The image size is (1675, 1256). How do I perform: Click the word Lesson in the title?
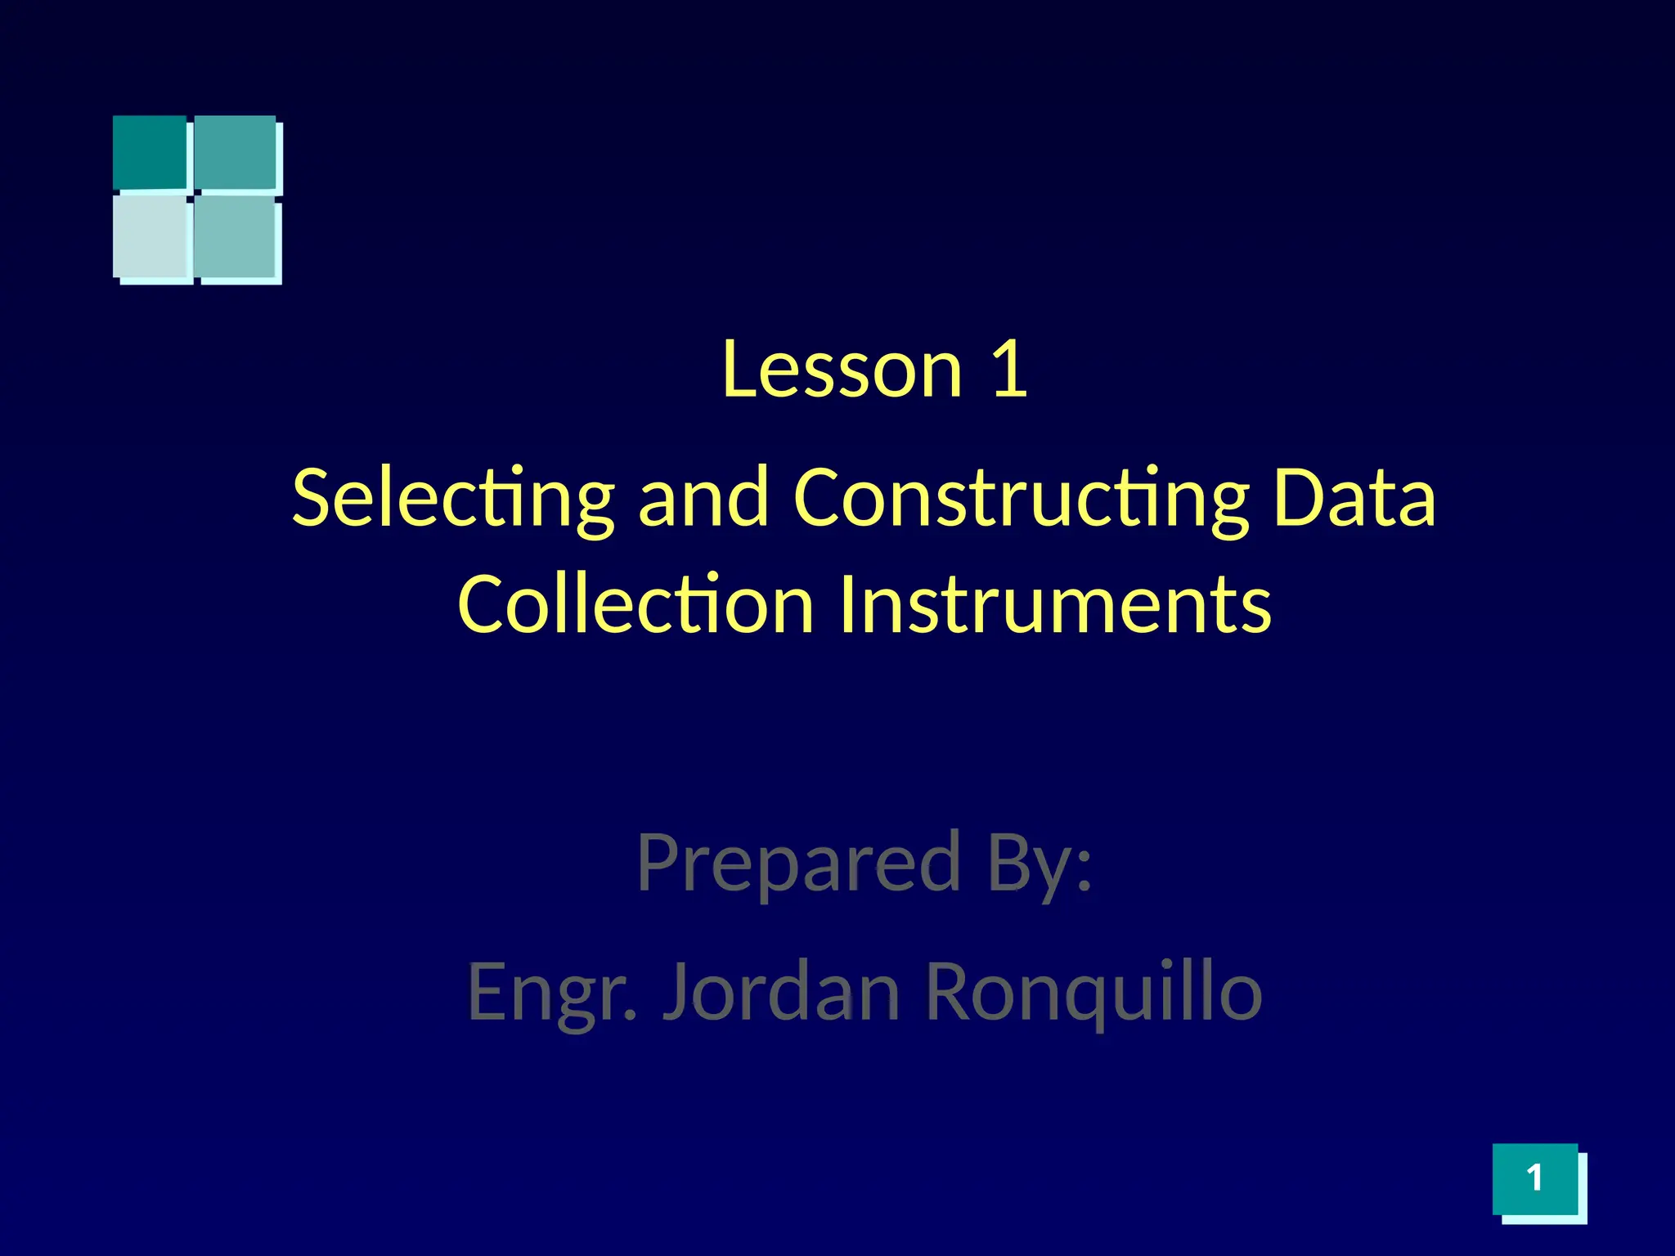tap(842, 370)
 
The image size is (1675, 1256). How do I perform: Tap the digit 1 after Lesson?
tap(1009, 370)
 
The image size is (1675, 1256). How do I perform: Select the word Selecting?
tap(452, 498)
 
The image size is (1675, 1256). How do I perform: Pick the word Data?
tap(1354, 498)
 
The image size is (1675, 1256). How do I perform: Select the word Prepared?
tap(798, 862)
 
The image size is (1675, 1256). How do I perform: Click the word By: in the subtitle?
tap(1040, 862)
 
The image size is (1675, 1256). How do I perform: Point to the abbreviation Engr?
tap(551, 992)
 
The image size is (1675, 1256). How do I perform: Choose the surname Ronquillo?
tap(1093, 992)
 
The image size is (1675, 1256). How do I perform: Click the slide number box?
tap(1535, 1178)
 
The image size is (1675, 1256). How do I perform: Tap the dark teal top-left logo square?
tap(150, 152)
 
